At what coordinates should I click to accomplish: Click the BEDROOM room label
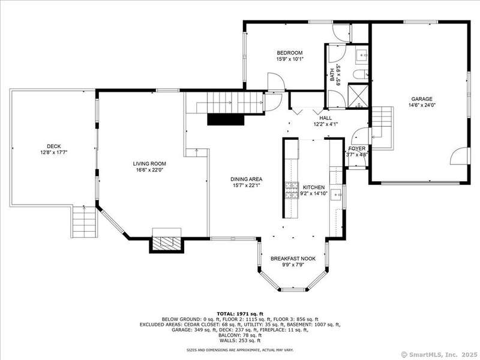(x=290, y=53)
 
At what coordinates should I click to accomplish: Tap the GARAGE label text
(x=422, y=99)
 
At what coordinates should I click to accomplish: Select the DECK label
(x=54, y=146)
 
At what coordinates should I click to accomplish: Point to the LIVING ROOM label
(x=149, y=164)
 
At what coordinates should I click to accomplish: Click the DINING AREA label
(x=247, y=179)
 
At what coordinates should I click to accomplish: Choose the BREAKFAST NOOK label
(x=293, y=259)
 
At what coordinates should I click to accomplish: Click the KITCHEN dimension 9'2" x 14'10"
(x=314, y=193)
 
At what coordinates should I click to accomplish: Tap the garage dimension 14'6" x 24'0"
(x=422, y=105)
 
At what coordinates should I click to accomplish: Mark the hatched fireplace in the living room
(x=167, y=244)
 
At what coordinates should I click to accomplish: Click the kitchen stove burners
(x=292, y=190)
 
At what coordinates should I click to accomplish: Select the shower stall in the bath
(x=358, y=95)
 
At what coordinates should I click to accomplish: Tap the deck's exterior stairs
(x=85, y=221)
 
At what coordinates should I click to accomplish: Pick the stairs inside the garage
(x=382, y=128)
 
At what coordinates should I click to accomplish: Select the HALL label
(x=325, y=118)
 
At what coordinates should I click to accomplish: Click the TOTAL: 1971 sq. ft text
(x=240, y=314)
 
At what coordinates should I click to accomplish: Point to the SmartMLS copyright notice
(x=439, y=355)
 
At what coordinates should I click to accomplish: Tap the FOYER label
(x=357, y=148)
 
